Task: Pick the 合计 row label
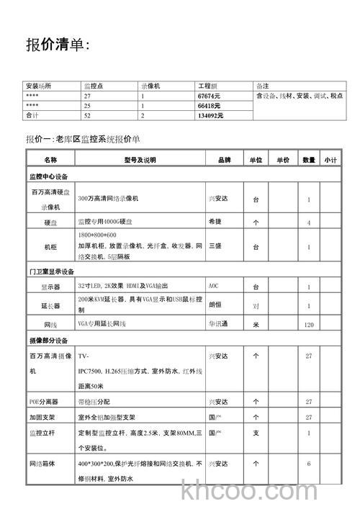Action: (x=32, y=115)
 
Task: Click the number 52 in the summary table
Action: (x=87, y=115)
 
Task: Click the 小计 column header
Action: (x=330, y=160)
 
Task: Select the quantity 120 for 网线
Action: (x=309, y=325)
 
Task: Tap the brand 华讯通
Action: (x=218, y=325)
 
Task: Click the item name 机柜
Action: (x=50, y=246)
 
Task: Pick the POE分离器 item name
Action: (x=45, y=400)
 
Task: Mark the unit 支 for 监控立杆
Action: (x=256, y=433)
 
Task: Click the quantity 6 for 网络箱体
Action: (x=309, y=464)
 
